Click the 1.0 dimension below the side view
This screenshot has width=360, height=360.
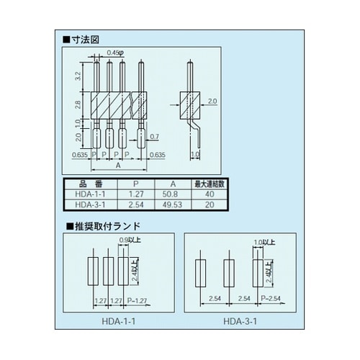[x=195, y=155]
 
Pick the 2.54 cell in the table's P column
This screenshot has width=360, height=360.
[x=132, y=204]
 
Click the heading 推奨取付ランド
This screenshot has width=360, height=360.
[x=99, y=225]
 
